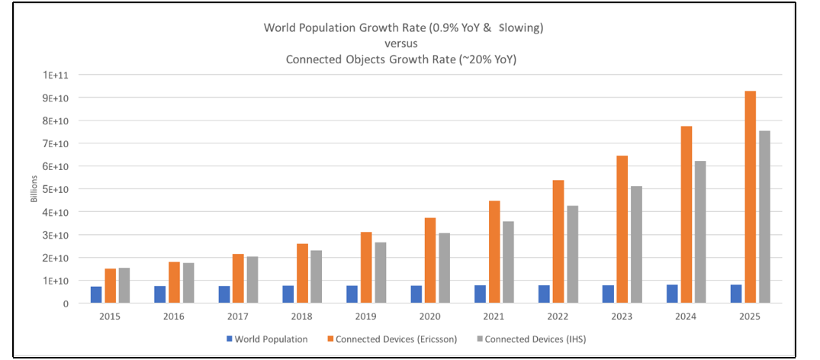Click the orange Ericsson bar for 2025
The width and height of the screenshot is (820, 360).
click(x=751, y=197)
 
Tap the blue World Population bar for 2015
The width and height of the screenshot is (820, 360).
click(x=96, y=294)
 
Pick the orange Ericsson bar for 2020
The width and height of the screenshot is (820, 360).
click(x=430, y=260)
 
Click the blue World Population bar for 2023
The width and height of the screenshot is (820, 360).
click(x=608, y=294)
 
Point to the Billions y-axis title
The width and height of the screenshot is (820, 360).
click(x=34, y=189)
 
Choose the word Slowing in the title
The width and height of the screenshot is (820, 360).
click(x=520, y=27)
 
